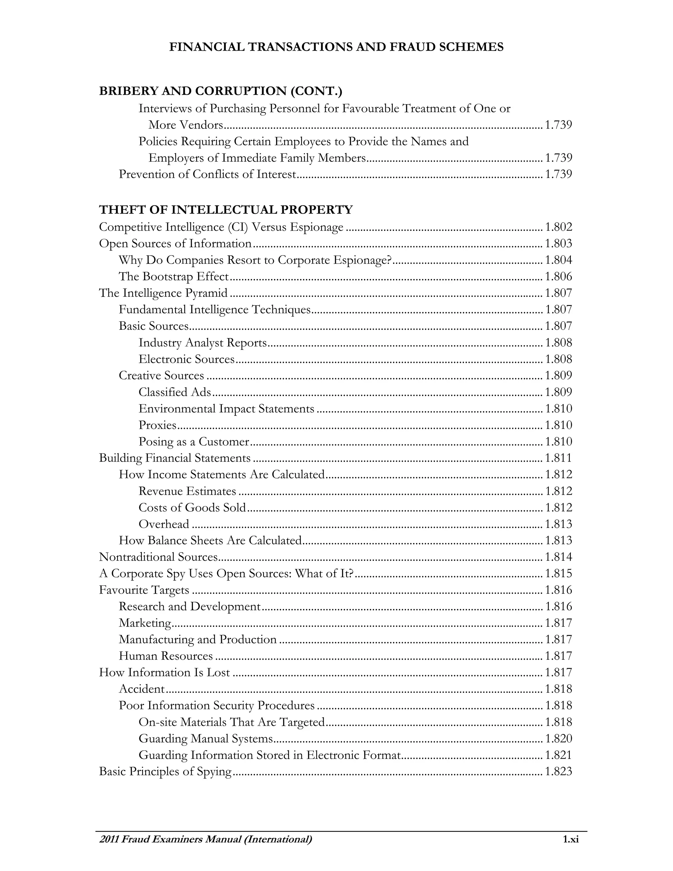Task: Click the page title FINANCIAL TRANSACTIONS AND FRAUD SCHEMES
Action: point(336,47)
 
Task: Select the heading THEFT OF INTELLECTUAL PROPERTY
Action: point(226,209)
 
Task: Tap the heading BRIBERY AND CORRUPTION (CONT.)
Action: point(220,91)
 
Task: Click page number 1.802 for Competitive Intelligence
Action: point(558,227)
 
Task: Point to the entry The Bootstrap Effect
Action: point(174,276)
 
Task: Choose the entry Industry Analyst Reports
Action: point(202,342)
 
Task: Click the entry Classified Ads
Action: point(174,392)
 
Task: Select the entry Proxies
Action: point(157,425)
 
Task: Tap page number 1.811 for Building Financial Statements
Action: point(558,458)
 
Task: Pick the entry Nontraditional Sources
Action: point(158,557)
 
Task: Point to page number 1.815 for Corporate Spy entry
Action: point(558,574)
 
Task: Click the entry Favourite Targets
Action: point(144,590)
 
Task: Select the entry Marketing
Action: point(145,623)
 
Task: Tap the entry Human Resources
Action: point(166,656)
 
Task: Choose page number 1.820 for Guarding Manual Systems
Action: point(558,739)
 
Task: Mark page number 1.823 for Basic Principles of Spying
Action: point(558,771)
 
